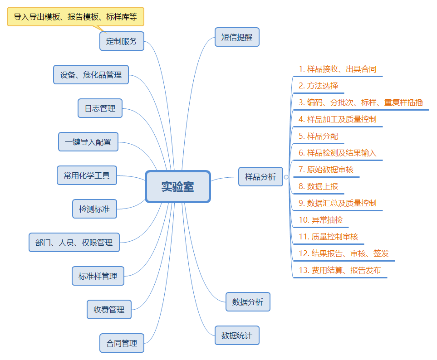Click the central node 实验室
point(178,186)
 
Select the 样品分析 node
point(260,177)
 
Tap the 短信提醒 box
point(236,37)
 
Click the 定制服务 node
point(122,41)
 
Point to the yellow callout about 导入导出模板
point(75,17)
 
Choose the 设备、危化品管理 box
point(91,75)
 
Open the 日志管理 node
point(100,108)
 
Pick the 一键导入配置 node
point(88,142)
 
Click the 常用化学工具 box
point(87,175)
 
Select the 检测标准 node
point(94,209)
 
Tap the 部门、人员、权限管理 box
point(74,243)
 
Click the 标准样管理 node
point(98,276)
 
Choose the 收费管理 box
point(109,310)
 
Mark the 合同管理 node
point(122,343)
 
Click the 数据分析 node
point(248,302)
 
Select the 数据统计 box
point(237,336)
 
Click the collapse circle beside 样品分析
point(286,177)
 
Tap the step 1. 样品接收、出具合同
point(337,69)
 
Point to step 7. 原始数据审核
point(326,170)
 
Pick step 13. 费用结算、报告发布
point(339,271)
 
